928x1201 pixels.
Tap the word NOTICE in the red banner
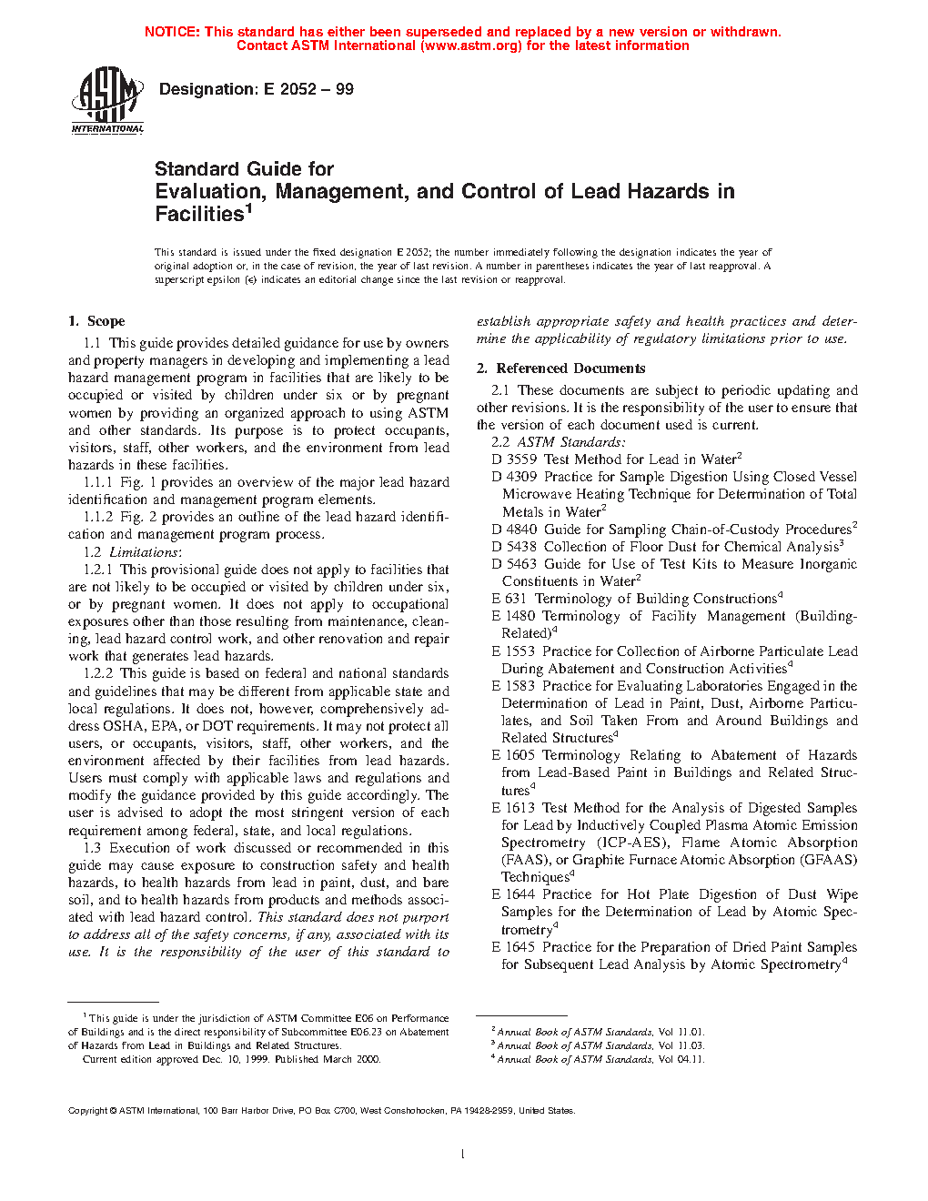tap(172, 32)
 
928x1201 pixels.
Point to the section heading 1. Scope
tap(96, 321)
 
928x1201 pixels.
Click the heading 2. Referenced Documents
tap(561, 368)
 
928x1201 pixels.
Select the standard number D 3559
tap(514, 459)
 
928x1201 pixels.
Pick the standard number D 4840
tap(514, 530)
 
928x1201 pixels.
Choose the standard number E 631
tap(509, 599)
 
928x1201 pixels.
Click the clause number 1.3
tap(92, 848)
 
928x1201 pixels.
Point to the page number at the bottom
tap(463, 1155)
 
